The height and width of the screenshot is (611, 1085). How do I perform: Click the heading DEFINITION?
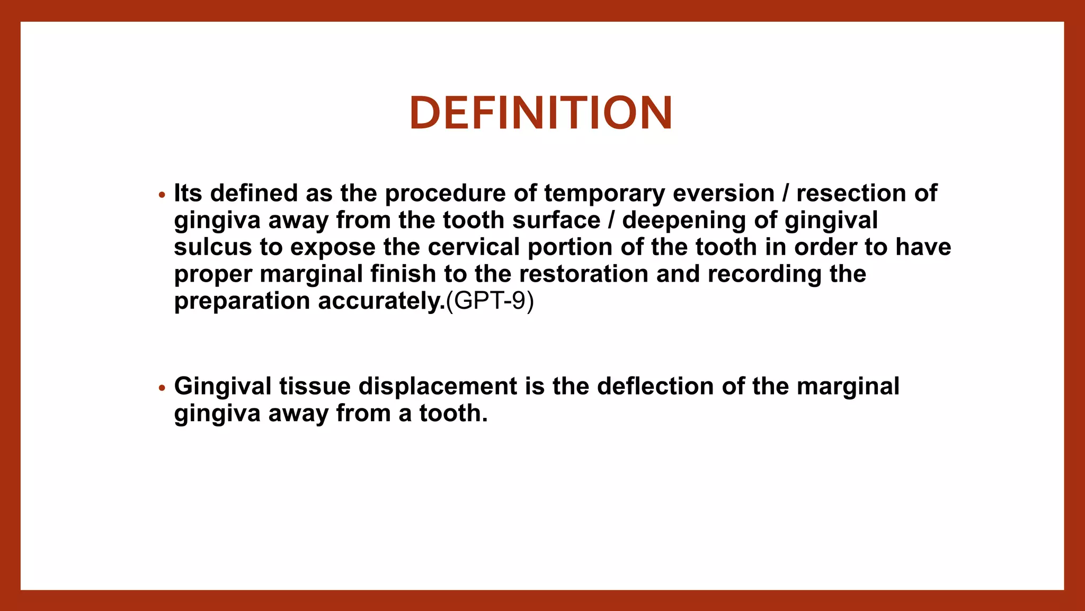[x=541, y=113]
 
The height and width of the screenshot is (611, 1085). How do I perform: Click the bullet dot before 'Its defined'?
[x=162, y=195]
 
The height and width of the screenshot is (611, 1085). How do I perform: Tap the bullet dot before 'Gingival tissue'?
[x=162, y=388]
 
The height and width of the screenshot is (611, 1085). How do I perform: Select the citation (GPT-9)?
[x=490, y=301]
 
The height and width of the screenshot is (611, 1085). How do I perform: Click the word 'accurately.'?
[x=381, y=301]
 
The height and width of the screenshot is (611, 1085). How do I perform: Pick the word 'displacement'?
[x=438, y=386]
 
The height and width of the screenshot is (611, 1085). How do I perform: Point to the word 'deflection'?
[x=655, y=386]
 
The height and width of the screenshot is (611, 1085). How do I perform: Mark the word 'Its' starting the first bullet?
[x=188, y=193]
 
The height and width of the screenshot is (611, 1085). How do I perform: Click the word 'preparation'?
[x=242, y=301]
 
